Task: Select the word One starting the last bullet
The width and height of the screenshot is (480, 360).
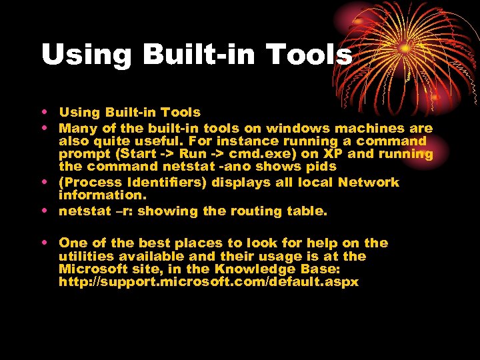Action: click(73, 243)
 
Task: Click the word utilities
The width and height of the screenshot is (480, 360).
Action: click(85, 256)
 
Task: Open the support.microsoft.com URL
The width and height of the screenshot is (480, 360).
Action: click(209, 281)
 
